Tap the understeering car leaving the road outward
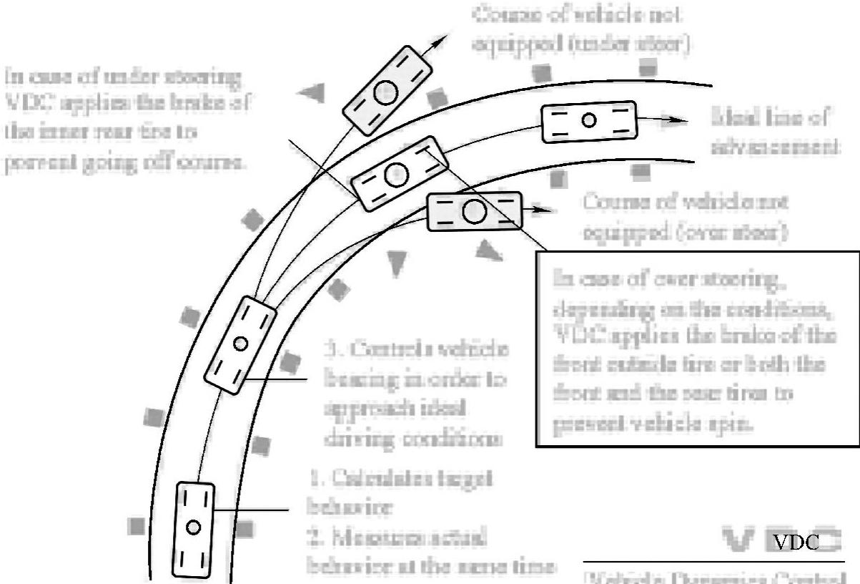[386, 91]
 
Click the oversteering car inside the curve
[474, 210]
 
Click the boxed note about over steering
[697, 349]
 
